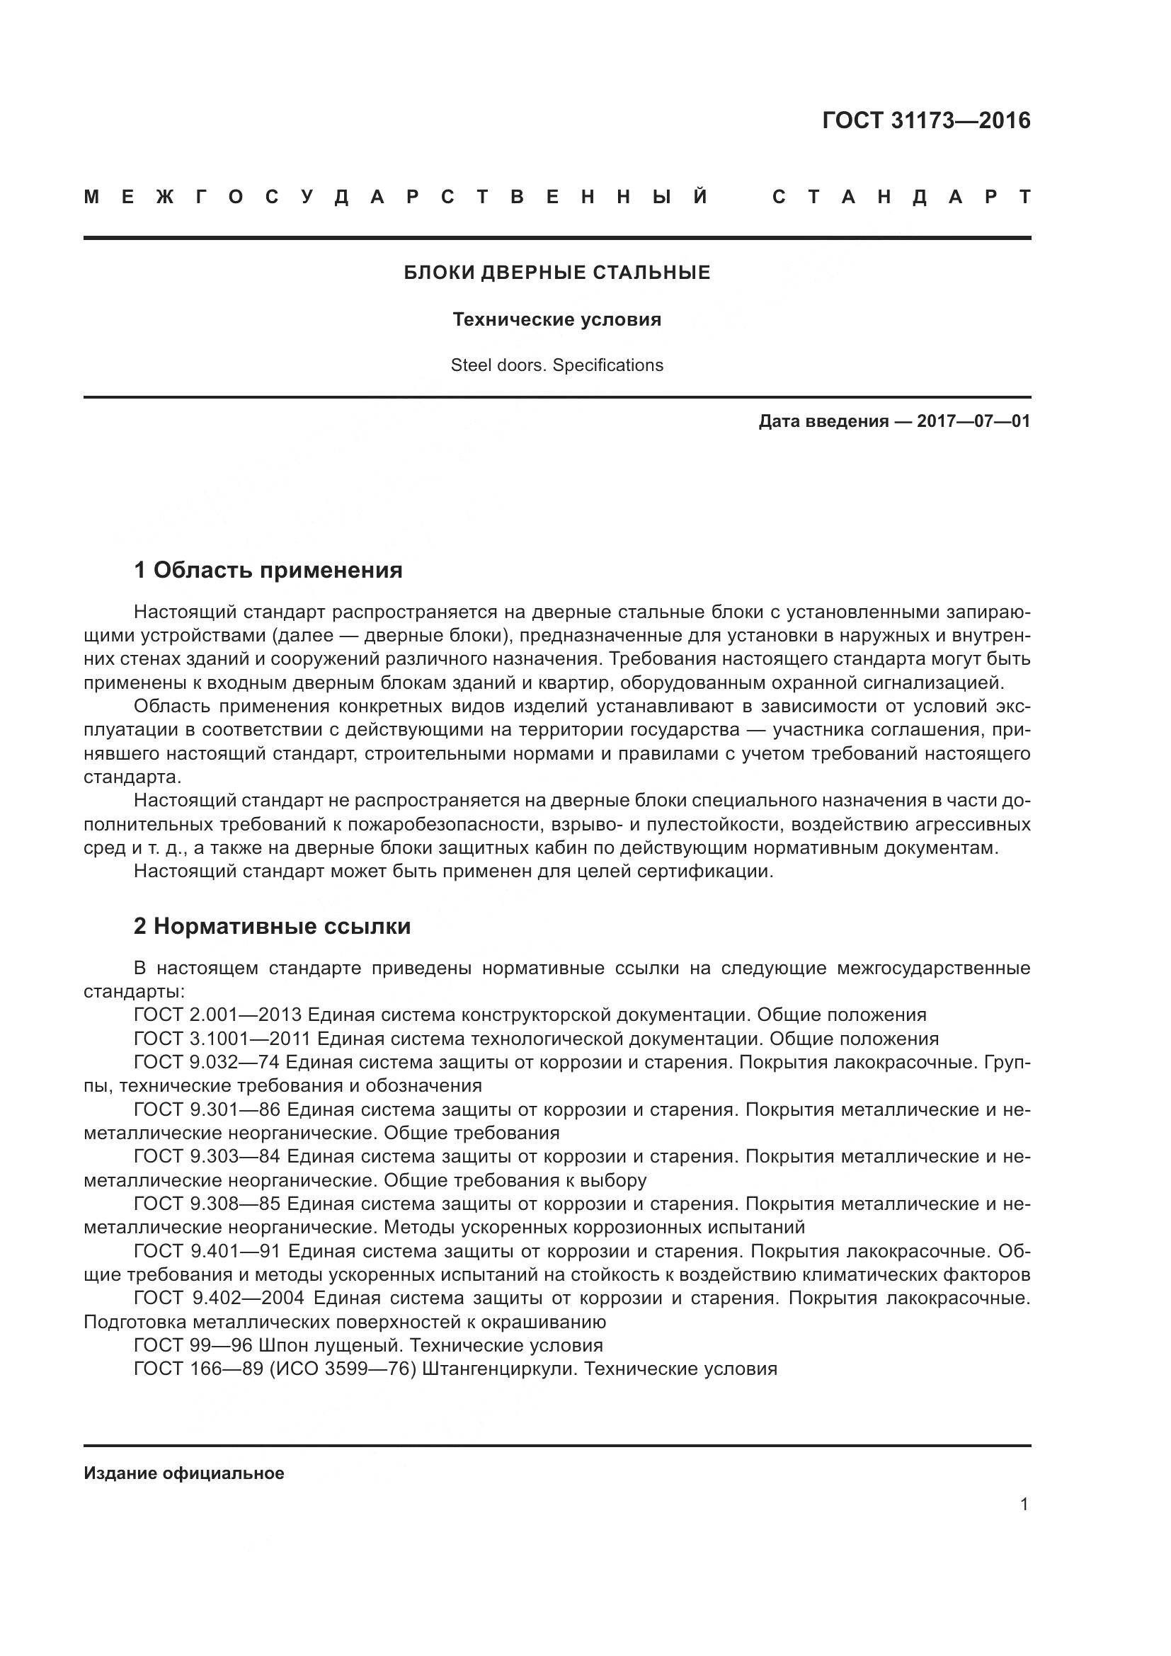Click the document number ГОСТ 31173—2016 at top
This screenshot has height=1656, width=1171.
click(926, 120)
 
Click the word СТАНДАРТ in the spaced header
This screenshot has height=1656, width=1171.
click(901, 197)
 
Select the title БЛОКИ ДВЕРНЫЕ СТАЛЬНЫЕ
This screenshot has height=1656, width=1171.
click(556, 273)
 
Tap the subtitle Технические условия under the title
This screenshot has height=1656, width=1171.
click(556, 319)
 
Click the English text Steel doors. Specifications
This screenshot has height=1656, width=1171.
click(556, 365)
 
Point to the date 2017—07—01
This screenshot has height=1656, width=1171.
click(973, 421)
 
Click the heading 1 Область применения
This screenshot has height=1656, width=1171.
click(268, 571)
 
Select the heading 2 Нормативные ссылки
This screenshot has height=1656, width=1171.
click(272, 926)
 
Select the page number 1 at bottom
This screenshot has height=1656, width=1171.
click(1024, 1504)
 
